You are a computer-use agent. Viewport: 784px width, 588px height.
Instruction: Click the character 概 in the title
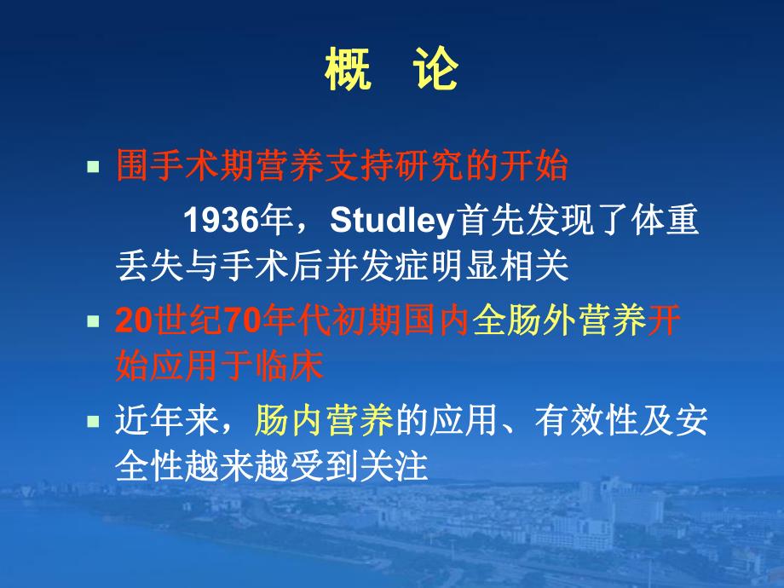coord(348,72)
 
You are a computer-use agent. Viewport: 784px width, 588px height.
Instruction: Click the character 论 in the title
coord(435,72)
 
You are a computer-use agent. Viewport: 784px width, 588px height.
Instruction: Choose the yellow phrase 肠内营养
coord(324,421)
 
